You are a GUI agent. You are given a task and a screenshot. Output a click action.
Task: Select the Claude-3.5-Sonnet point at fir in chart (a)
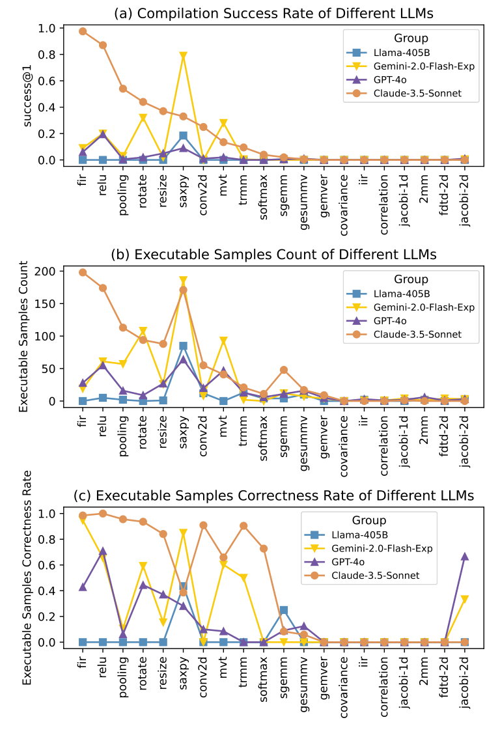[x=83, y=31]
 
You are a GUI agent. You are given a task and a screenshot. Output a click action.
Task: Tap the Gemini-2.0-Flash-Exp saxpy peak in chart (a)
[x=184, y=57]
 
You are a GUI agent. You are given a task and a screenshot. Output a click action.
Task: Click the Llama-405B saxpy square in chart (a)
[x=184, y=135]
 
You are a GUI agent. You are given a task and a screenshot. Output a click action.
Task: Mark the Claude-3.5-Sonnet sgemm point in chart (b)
[x=284, y=370]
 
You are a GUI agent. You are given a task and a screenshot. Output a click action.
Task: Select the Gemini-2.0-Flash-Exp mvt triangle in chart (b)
[x=223, y=341]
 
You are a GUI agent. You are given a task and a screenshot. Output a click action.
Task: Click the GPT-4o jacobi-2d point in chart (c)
[x=464, y=557]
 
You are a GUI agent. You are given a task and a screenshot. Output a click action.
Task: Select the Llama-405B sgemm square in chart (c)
[x=284, y=610]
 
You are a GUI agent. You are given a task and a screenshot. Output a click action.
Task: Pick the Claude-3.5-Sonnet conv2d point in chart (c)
[x=203, y=525]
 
